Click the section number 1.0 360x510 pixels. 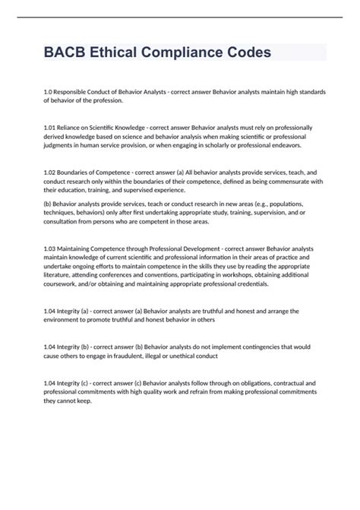pos(48,91)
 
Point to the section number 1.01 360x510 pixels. pos(50,128)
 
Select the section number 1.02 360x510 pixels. pos(50,173)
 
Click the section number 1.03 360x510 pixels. pos(50,249)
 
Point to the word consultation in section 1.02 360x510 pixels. pos(64,221)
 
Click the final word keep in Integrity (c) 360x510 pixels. pos(84,401)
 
